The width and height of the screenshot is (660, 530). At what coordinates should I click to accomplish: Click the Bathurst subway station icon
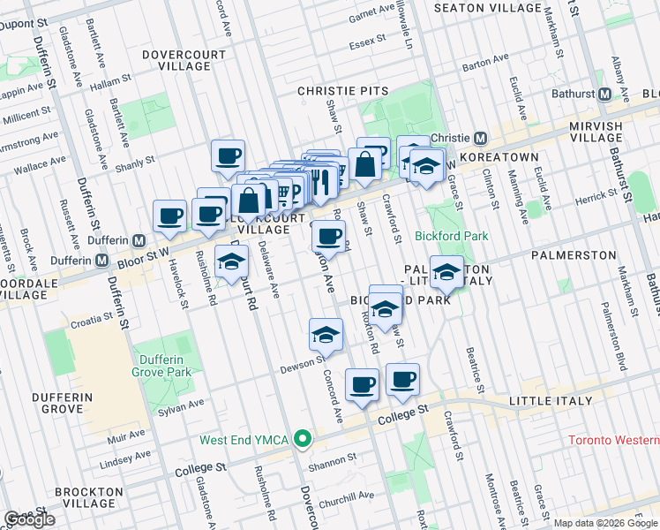pyautogui.click(x=605, y=95)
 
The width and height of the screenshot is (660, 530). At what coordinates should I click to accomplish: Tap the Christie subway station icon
pyautogui.click(x=481, y=139)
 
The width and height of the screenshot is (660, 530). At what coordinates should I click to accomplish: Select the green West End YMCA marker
pyautogui.click(x=303, y=438)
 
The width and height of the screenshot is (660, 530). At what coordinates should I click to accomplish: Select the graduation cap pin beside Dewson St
pyautogui.click(x=326, y=336)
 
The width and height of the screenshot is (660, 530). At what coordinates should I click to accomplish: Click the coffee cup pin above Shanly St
pyautogui.click(x=229, y=157)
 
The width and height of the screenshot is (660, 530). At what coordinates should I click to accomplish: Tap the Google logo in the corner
pyautogui.click(x=29, y=519)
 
